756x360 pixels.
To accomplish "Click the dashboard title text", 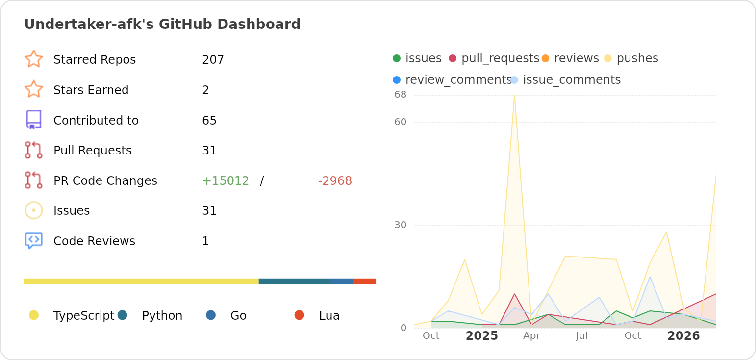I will [x=162, y=24].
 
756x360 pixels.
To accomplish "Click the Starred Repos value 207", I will [x=213, y=60].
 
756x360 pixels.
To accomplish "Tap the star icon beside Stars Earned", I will [x=34, y=89].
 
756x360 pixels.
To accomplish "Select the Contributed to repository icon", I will [x=34, y=120].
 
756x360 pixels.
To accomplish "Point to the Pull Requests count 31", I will [x=209, y=151].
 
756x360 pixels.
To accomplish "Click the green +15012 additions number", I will [x=226, y=181].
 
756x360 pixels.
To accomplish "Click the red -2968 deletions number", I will [x=335, y=181].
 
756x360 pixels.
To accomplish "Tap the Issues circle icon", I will [x=34, y=210].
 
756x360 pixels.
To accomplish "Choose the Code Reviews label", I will [x=94, y=241].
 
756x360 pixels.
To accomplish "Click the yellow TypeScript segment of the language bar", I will [x=141, y=282].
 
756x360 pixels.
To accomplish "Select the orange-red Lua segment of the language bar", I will [x=364, y=282].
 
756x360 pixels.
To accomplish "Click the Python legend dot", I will [x=123, y=315].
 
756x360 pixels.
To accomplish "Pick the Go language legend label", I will [x=238, y=316].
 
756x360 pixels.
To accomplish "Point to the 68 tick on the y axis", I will [x=400, y=95].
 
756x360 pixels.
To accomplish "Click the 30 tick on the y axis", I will [x=400, y=225].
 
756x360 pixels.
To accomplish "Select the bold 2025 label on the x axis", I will [x=481, y=336].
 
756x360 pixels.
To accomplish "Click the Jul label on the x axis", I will [x=581, y=336].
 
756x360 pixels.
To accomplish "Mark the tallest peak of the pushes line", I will [x=514, y=96].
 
